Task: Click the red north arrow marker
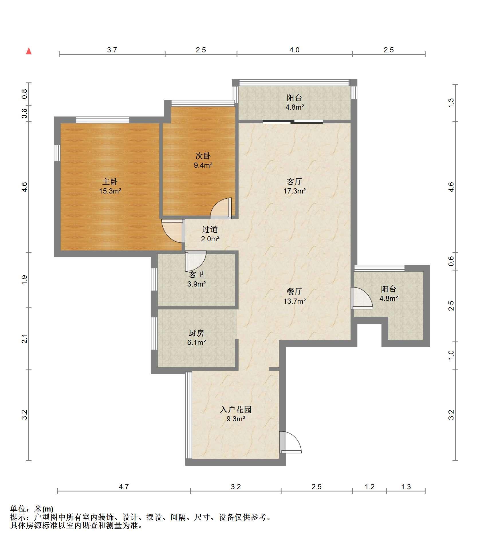coord(29,51)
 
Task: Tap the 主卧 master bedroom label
coord(110,181)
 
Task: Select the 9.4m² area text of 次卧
coord(203,165)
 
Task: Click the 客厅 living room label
coord(294,181)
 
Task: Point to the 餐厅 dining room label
coord(294,291)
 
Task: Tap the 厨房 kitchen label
coord(196,333)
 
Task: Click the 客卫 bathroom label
coord(196,275)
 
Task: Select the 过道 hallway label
coord(210,229)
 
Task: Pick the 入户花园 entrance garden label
coord(236,409)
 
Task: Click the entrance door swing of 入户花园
coord(290,442)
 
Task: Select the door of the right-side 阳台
coord(362,298)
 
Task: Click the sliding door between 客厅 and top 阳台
coord(293,122)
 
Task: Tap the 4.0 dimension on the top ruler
coord(294,50)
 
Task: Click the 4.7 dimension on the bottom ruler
coord(124,487)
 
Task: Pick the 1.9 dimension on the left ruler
coord(25,279)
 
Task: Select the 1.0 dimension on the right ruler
coord(451,355)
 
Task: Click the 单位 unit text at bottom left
coord(18,509)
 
